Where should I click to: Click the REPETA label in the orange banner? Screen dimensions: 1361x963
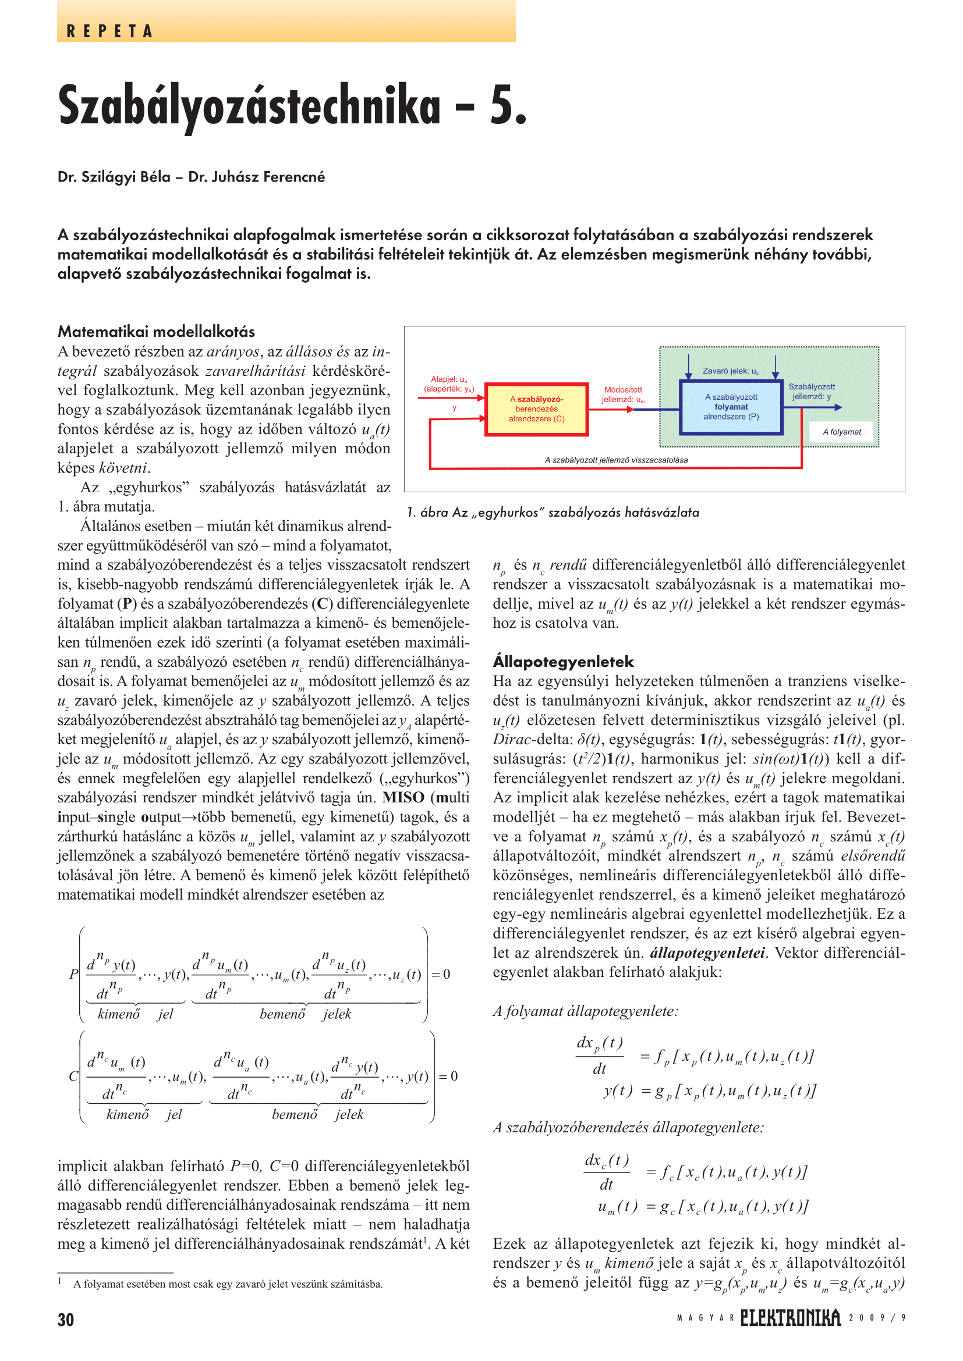click(x=109, y=31)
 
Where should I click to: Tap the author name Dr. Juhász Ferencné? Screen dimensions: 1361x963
click(x=257, y=177)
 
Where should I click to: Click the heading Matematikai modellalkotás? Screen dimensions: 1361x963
click(x=157, y=331)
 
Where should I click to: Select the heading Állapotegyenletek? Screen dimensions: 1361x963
click(x=563, y=662)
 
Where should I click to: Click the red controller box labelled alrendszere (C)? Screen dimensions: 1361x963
click(x=537, y=409)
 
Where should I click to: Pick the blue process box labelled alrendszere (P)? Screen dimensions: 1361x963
click(x=731, y=407)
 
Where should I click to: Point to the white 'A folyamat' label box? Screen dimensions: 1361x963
click(x=841, y=432)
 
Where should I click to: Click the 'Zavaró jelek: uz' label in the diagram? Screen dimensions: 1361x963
click(x=731, y=371)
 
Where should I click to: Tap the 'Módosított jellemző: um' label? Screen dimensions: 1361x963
click(x=622, y=394)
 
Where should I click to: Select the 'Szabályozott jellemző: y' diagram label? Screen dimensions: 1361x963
click(x=811, y=391)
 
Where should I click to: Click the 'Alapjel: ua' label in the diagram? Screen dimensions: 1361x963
click(x=449, y=383)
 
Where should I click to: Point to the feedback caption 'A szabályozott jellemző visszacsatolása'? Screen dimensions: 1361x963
click(x=616, y=460)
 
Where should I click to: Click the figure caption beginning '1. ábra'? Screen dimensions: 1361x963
click(x=553, y=512)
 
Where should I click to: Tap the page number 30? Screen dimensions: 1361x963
click(x=66, y=1320)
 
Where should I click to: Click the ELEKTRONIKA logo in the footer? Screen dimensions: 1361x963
click(x=791, y=1318)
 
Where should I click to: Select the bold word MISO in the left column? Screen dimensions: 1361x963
click(x=403, y=797)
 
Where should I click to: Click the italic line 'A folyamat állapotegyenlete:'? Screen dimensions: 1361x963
click(x=585, y=1011)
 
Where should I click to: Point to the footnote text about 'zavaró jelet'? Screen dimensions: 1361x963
click(x=228, y=1284)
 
